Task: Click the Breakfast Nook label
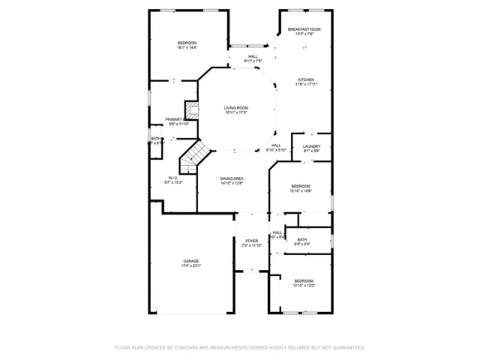tap(304, 29)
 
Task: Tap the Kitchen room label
tap(305, 79)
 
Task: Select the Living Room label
tap(236, 108)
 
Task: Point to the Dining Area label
tap(232, 178)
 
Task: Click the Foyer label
tap(250, 241)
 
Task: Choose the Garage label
tap(190, 261)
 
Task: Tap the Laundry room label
tap(312, 146)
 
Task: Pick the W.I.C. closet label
tap(172, 178)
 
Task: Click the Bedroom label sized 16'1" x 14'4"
tap(187, 43)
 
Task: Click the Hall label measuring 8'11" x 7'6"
tap(253, 56)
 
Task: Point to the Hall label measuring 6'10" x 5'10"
tap(276, 145)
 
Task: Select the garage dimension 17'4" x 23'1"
tap(190, 265)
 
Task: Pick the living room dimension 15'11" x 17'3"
tap(236, 112)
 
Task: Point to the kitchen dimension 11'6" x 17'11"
tap(305, 84)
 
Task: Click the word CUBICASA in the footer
tap(191, 347)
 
